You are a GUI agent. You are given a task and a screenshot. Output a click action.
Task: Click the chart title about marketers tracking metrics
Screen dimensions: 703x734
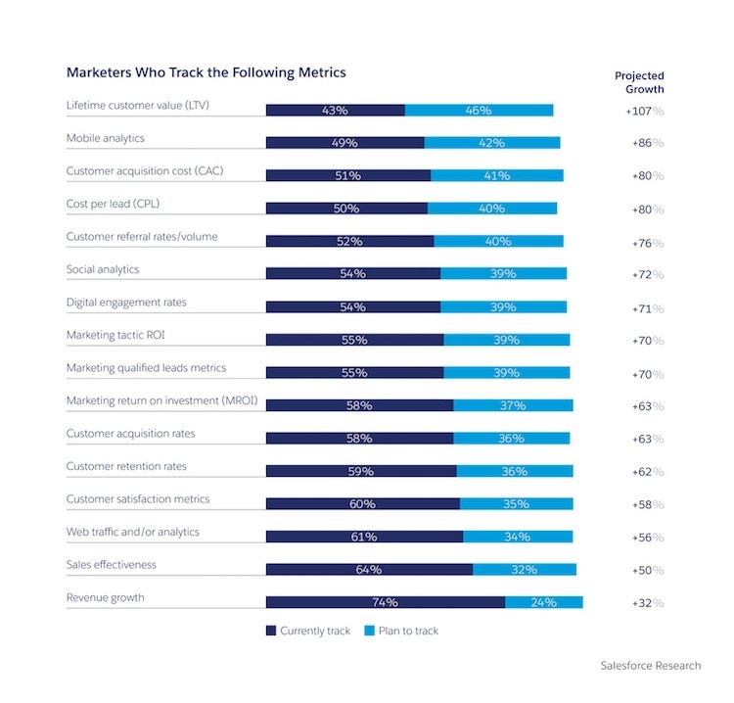[x=206, y=72]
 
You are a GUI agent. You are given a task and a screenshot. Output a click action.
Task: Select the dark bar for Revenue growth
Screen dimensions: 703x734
[x=385, y=602]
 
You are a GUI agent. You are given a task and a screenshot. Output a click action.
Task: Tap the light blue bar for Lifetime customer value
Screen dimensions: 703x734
[x=479, y=110]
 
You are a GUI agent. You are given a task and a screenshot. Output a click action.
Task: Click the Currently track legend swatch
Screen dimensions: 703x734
[x=272, y=631]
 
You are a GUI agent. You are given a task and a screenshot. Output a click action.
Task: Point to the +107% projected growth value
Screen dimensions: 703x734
[x=644, y=111]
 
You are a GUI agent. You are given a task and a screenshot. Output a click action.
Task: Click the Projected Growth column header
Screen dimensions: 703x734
[x=639, y=82]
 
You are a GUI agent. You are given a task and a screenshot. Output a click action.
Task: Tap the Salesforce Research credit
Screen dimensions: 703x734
[x=651, y=666]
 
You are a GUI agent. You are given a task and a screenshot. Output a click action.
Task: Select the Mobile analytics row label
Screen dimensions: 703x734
[x=105, y=138]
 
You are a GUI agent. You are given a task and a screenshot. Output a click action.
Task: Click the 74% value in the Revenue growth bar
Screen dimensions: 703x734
[x=385, y=602]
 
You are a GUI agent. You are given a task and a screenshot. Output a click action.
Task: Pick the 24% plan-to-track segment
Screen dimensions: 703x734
[x=544, y=602]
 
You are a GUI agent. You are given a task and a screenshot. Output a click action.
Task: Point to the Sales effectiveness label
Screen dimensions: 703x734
[x=111, y=565]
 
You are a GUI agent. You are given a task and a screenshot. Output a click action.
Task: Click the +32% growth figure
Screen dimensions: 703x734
[x=644, y=602]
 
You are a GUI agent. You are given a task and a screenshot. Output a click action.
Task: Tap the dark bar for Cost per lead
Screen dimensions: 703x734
[x=346, y=209]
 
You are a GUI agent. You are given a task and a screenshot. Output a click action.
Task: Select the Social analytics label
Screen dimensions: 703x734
[x=102, y=269]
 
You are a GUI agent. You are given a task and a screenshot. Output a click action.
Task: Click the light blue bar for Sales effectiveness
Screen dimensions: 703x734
[x=525, y=569]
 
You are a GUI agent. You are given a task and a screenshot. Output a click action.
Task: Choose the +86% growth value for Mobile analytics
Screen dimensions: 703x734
[x=644, y=143]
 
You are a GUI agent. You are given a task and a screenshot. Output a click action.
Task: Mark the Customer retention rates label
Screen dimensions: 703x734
[x=126, y=466]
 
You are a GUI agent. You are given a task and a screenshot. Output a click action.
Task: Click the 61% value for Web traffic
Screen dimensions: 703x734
[x=364, y=537]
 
